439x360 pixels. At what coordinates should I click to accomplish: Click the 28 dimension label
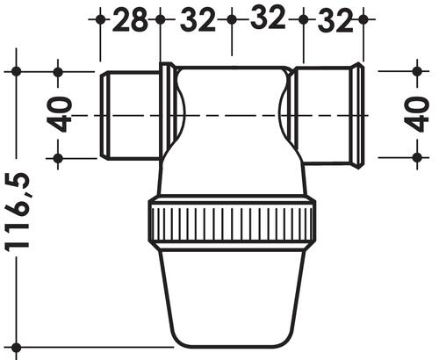tap(130, 19)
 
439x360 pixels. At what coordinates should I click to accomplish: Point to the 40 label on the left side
tap(59, 114)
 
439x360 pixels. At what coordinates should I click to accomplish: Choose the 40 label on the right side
tap(419, 114)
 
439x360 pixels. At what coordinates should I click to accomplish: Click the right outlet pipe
tap(325, 114)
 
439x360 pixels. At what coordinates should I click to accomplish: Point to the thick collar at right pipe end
tap(358, 114)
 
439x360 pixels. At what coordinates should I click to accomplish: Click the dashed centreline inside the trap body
tap(232, 115)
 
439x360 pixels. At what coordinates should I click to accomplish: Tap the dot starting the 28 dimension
tap(101, 18)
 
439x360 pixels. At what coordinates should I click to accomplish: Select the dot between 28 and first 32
tap(160, 18)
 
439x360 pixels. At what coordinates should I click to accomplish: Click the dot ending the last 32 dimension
tap(363, 18)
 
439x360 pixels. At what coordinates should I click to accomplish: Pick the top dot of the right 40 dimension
tap(417, 70)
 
